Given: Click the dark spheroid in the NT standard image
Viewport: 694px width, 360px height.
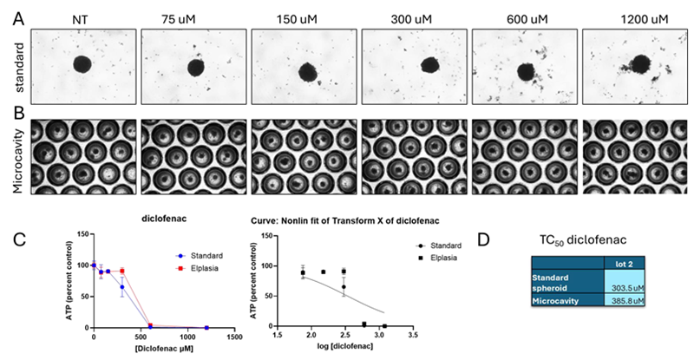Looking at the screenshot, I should click(82, 64).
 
